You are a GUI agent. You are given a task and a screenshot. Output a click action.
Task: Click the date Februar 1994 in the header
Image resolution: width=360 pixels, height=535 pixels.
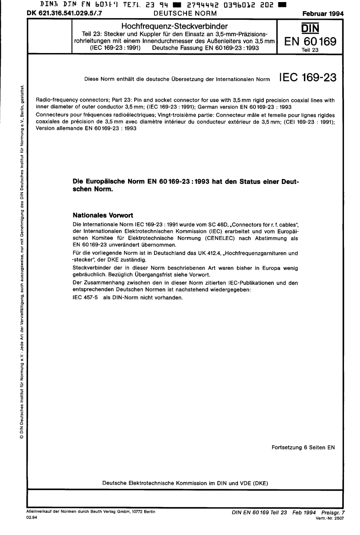click(x=323, y=14)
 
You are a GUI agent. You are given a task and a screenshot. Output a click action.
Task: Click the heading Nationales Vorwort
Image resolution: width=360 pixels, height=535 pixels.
click(x=103, y=215)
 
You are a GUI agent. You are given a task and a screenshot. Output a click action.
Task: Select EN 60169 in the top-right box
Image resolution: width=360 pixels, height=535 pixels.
click(x=311, y=42)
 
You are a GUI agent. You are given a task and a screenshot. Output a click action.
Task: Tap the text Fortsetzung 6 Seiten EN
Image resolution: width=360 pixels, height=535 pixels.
click(x=304, y=447)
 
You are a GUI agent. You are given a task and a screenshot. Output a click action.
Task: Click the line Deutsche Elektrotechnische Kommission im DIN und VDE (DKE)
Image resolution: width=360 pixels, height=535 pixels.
click(x=185, y=483)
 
